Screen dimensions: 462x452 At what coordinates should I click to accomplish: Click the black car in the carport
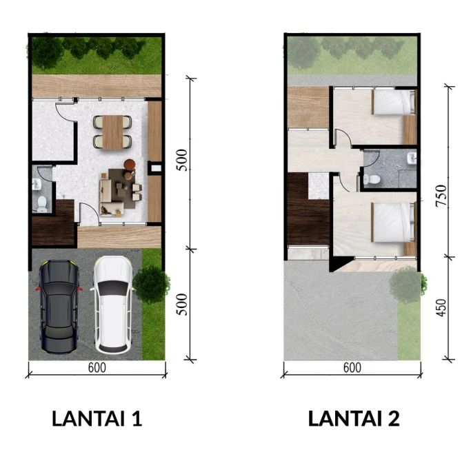click(x=59, y=307)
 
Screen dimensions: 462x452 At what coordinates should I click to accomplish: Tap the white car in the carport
click(x=113, y=305)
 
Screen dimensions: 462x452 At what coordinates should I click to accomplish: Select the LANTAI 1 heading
click(x=97, y=418)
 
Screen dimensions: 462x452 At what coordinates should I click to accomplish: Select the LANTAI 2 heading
click(x=354, y=418)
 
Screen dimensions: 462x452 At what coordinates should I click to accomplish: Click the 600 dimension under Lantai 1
click(x=97, y=367)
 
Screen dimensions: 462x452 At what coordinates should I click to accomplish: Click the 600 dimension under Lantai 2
click(x=352, y=367)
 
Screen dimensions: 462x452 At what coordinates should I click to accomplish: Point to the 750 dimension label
click(x=441, y=196)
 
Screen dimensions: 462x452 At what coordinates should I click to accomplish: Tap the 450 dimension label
click(x=441, y=308)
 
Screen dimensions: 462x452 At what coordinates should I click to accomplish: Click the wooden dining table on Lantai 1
click(x=113, y=132)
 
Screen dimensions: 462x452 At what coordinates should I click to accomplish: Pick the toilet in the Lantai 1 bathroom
click(x=42, y=203)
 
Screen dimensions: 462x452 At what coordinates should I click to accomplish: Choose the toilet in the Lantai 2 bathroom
click(x=372, y=178)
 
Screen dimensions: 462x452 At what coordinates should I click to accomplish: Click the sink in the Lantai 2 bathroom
click(x=412, y=158)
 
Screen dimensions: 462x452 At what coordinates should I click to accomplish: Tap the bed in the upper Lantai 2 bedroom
click(x=394, y=102)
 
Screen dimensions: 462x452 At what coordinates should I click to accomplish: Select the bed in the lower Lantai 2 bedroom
click(x=394, y=222)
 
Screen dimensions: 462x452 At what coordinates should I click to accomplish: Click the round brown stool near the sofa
click(x=130, y=164)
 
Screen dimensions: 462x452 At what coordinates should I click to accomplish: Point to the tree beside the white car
click(x=151, y=284)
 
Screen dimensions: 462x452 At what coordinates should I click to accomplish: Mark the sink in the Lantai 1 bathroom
click(x=37, y=184)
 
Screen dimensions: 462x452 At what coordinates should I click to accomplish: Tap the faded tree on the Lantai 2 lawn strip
click(x=408, y=284)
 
